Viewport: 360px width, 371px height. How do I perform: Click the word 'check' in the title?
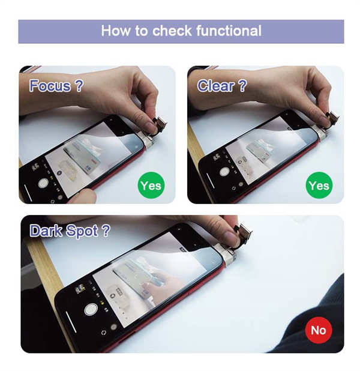172,31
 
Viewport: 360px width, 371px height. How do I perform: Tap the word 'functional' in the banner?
229,31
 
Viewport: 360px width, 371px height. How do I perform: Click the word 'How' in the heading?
116,31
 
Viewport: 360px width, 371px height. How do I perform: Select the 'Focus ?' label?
56,85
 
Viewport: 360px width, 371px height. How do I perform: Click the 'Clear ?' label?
222,85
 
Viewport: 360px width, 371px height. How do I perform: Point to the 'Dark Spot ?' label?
70,231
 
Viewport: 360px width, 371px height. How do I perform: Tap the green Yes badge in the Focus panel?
151,185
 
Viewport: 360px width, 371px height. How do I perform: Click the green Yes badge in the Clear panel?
319,185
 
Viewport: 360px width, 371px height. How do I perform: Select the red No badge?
319,330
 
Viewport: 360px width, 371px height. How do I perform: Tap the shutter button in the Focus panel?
43,183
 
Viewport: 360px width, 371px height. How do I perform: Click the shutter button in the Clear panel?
224,171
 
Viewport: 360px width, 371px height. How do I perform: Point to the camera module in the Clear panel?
332,118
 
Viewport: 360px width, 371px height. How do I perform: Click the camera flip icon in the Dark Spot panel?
104,333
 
